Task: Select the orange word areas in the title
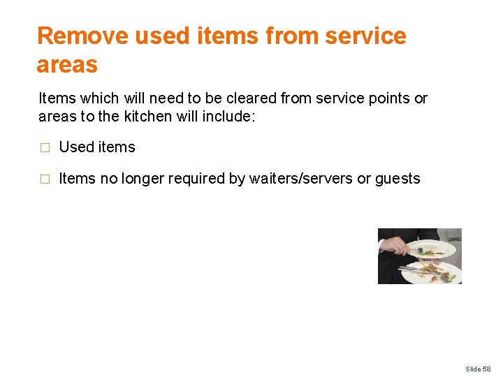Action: [67, 64]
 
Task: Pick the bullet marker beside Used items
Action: [45, 148]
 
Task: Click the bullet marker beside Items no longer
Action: [45, 179]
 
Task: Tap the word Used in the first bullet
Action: [76, 147]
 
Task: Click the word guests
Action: [398, 179]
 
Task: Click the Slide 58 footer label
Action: [479, 368]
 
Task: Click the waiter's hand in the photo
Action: [395, 246]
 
